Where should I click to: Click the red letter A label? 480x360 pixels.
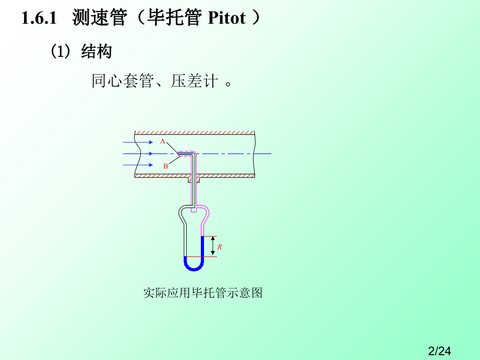click(x=163, y=141)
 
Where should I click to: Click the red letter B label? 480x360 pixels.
click(x=165, y=166)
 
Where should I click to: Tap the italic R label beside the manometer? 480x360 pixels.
click(x=220, y=247)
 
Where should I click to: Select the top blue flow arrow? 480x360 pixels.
click(x=138, y=142)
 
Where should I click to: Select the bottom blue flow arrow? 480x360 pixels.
click(x=138, y=165)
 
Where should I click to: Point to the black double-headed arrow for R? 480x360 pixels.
click(x=213, y=246)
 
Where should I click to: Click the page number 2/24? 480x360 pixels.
click(x=439, y=351)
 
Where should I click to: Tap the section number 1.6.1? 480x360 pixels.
click(x=39, y=18)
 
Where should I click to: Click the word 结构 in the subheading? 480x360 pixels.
click(x=97, y=51)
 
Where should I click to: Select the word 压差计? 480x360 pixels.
click(x=194, y=81)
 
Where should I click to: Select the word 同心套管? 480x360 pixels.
click(x=123, y=81)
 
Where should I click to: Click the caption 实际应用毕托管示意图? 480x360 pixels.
click(x=202, y=293)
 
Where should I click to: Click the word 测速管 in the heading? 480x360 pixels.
click(x=100, y=18)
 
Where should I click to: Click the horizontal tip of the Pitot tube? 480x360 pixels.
click(x=186, y=154)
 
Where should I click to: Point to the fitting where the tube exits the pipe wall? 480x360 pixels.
click(x=194, y=179)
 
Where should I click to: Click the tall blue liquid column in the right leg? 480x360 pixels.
click(x=202, y=246)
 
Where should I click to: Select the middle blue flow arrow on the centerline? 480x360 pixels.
click(x=138, y=154)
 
